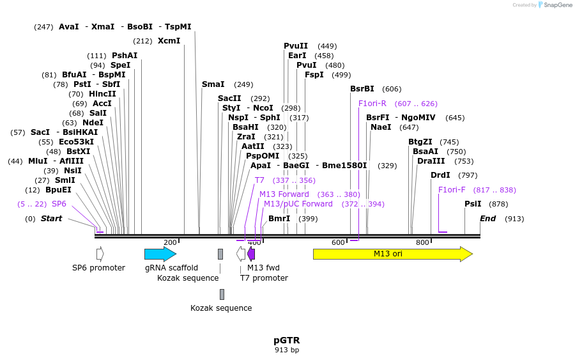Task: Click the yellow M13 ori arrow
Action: [392, 254]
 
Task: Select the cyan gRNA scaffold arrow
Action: [160, 254]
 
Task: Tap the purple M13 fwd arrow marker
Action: [251, 254]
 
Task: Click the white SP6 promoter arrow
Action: [100, 254]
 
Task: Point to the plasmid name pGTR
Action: [287, 340]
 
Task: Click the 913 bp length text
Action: [287, 350]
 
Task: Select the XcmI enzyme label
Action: [169, 41]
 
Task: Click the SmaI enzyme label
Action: [213, 84]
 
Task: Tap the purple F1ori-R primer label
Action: [372, 104]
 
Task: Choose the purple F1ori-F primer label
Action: [452, 190]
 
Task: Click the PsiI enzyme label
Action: [473, 204]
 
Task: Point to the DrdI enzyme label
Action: [440, 175]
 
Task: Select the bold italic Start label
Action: [51, 219]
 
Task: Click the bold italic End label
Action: [488, 219]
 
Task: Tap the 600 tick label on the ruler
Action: [338, 242]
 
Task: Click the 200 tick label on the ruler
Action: [170, 242]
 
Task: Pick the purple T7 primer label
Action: [259, 180]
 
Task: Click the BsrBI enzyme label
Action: [362, 89]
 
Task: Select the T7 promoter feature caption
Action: [264, 278]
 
